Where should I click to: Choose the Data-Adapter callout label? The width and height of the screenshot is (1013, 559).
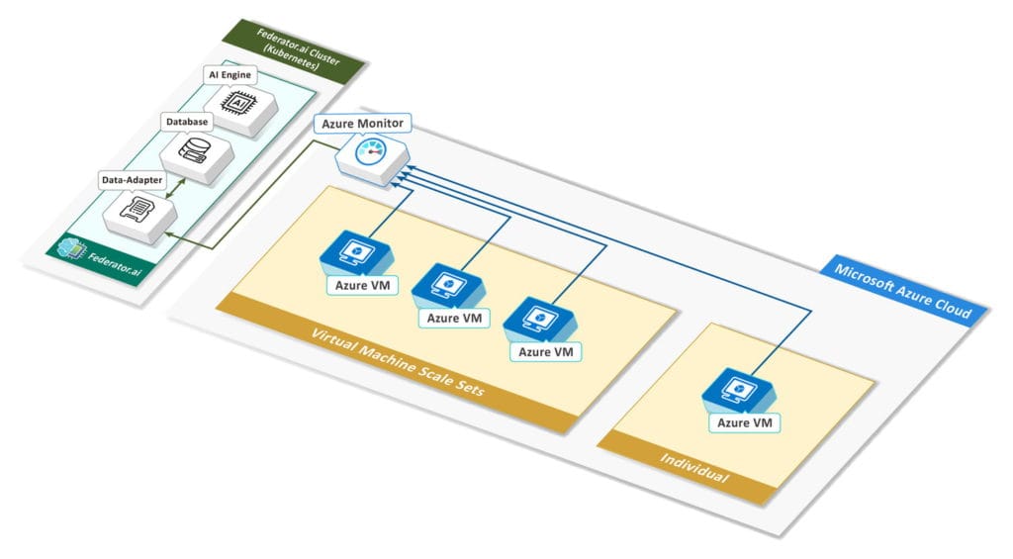(x=132, y=180)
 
